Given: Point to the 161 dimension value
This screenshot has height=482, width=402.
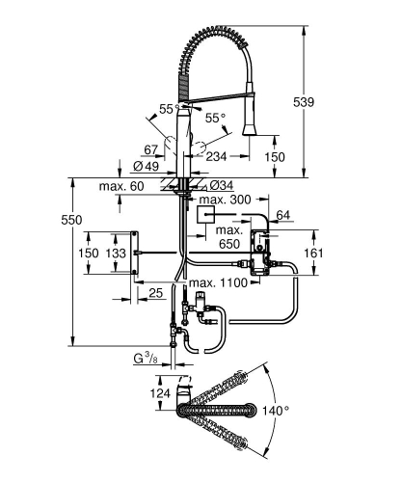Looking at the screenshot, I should [x=341, y=253].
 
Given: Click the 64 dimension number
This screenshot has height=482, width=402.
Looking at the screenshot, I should [x=282, y=214].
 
